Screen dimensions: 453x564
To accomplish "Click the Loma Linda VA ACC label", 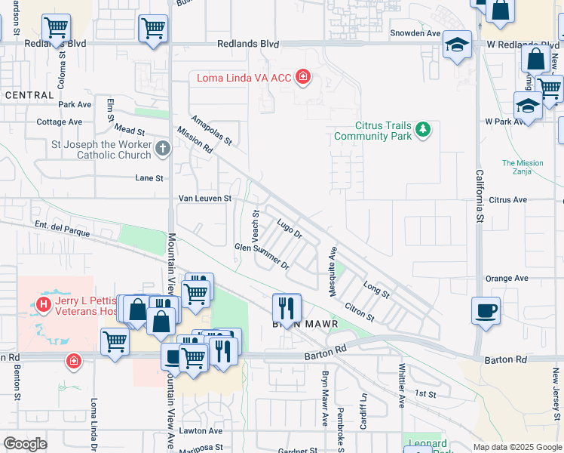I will pos(244,77).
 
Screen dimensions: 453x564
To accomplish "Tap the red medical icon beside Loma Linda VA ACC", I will pos(303,76).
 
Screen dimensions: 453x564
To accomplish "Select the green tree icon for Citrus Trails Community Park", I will pos(423,130).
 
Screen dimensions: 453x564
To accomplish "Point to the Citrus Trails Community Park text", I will pos(372,131).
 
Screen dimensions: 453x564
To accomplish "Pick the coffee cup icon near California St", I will pos(486,310).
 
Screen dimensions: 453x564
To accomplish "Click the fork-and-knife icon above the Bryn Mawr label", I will pos(286,307).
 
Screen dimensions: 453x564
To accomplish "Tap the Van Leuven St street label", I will pos(204,199).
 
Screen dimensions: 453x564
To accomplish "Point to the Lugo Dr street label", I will pos(290,229).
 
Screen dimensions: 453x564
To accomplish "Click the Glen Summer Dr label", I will pos(262,257).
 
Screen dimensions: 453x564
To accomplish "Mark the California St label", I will pos(479,196).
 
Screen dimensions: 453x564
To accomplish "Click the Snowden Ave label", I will pos(415,33).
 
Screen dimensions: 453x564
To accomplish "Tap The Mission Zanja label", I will pos(523,167).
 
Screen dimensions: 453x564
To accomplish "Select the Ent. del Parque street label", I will pos(63,228).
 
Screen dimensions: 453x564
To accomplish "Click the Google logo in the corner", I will pos(25,444).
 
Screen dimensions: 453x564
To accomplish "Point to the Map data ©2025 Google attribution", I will pos(517,447).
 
